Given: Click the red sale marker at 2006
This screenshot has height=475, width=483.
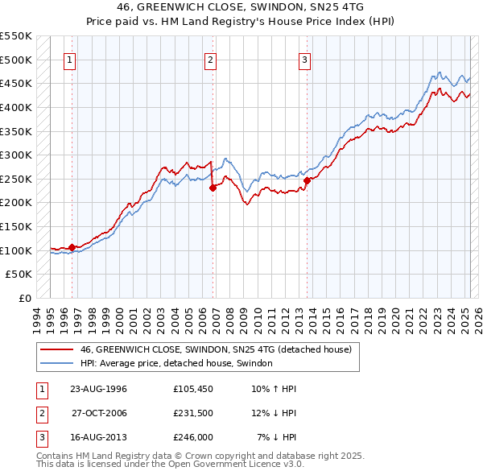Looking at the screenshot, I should (x=213, y=188).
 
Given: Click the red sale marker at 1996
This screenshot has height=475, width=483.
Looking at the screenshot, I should (x=72, y=247).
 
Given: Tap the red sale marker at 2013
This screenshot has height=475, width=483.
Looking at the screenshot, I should (x=308, y=180).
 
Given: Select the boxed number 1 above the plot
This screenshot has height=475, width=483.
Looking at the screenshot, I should (x=70, y=59).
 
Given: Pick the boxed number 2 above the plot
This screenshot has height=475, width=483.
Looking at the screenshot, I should (x=210, y=59).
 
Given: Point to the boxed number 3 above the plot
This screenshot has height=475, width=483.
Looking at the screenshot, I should (x=305, y=59).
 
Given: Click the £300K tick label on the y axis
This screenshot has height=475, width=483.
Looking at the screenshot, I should (x=16, y=155).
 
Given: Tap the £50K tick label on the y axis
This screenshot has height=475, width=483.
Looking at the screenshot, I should (x=19, y=274).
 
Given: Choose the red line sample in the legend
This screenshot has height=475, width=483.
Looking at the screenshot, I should (x=56, y=350).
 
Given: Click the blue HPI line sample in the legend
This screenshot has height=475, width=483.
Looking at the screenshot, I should (x=56, y=364).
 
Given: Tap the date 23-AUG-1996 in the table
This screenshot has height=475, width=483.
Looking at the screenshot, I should (x=98, y=389).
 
